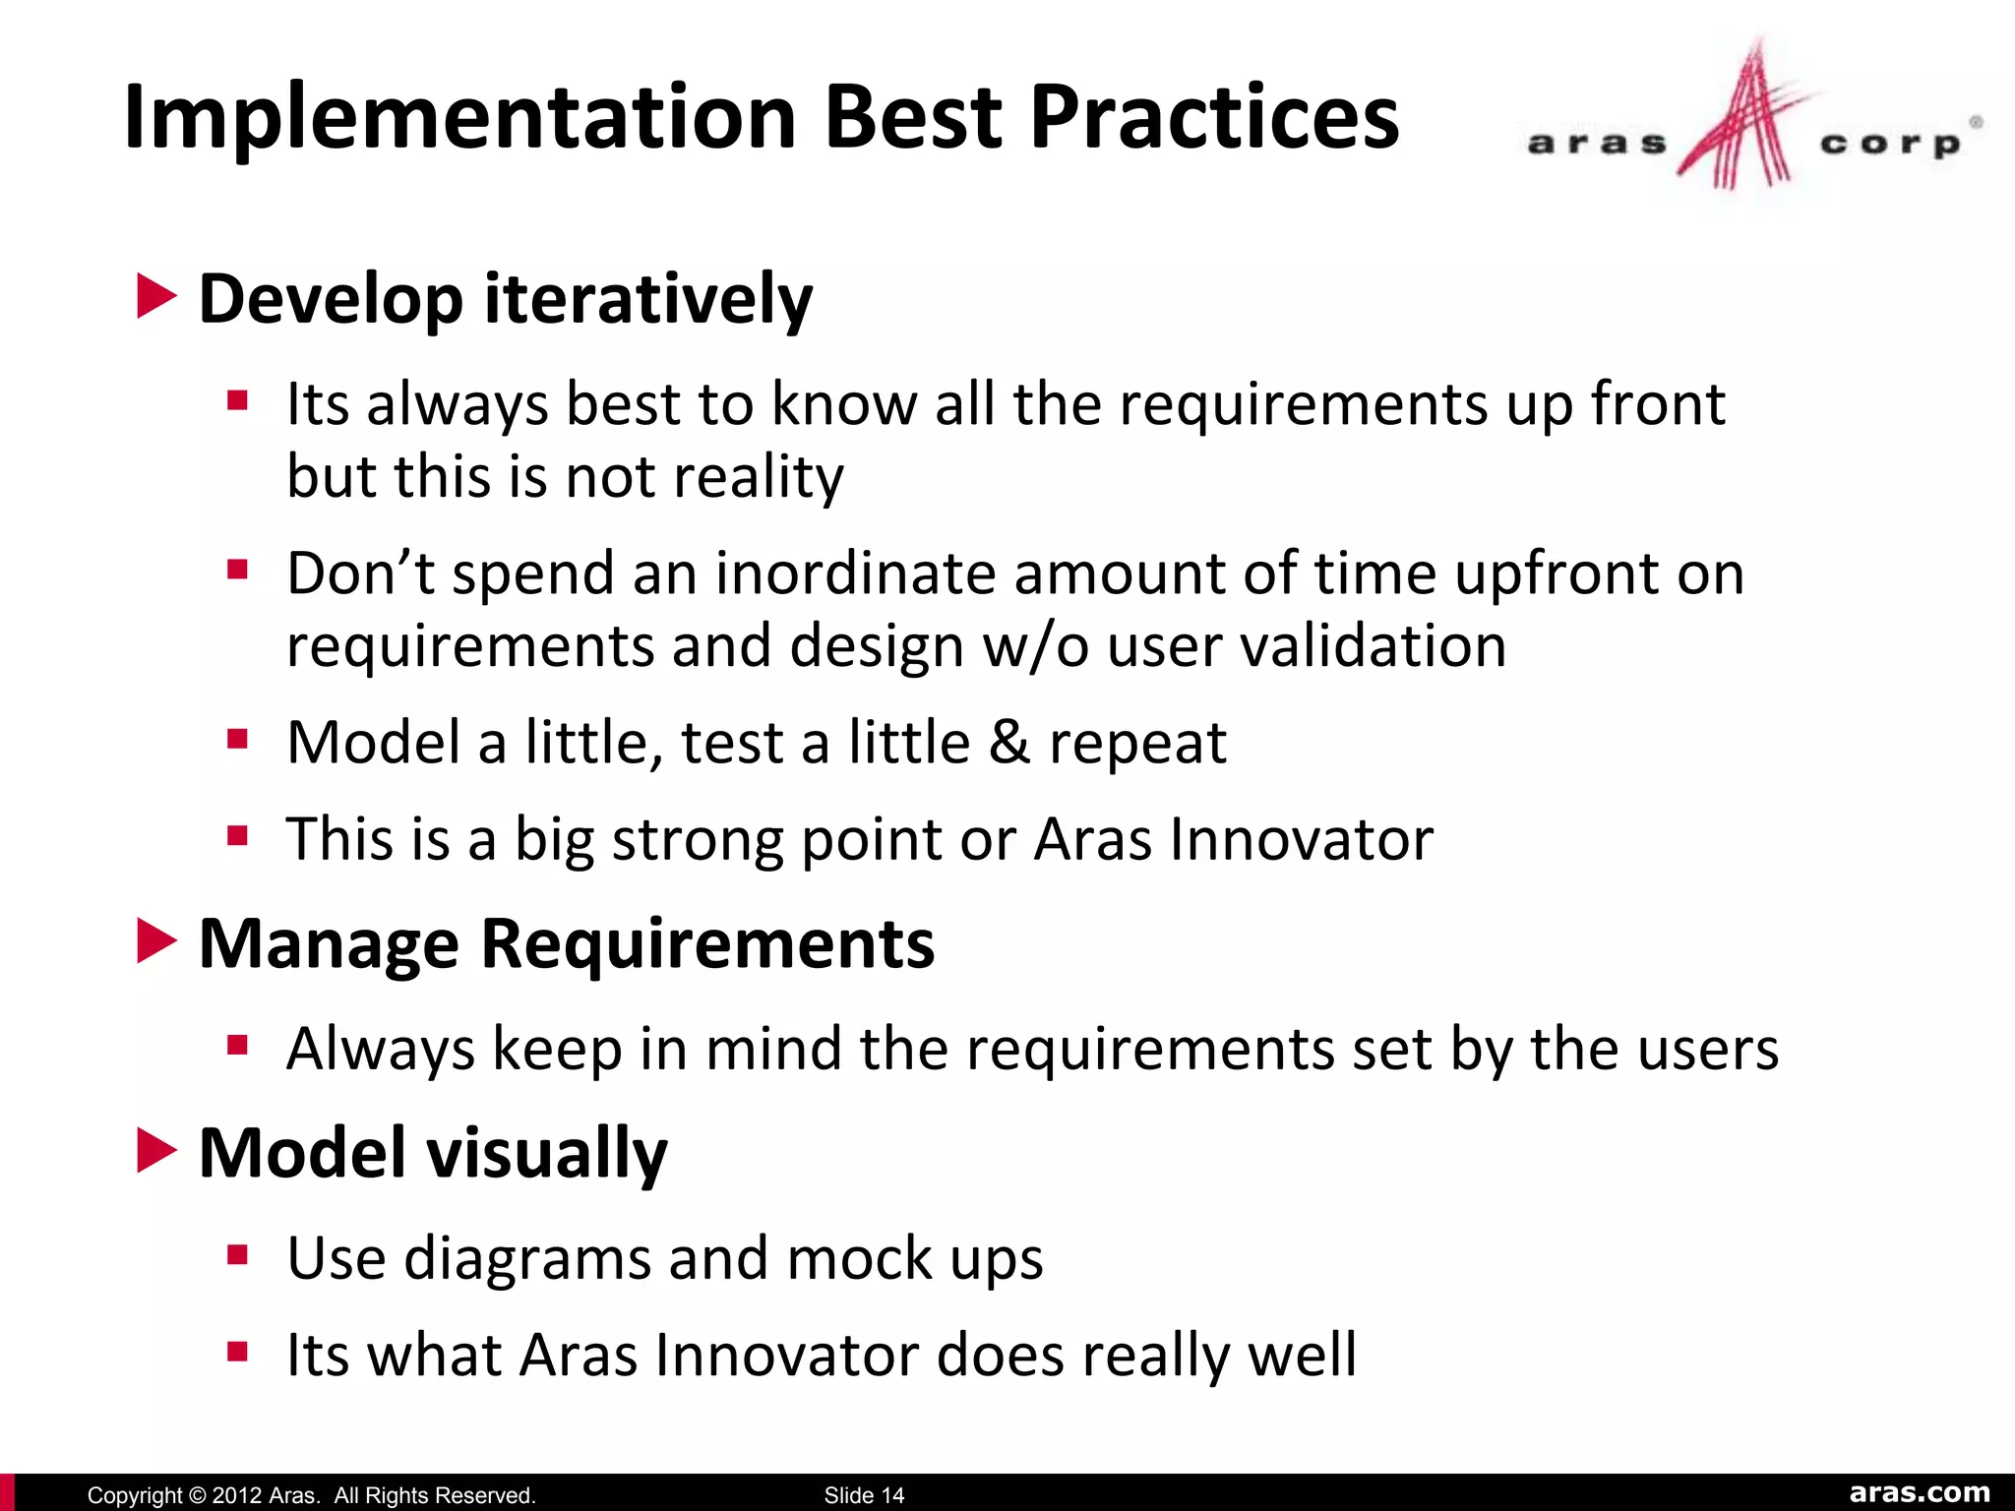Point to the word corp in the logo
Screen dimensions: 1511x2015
1890,145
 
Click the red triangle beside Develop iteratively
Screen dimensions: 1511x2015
155,296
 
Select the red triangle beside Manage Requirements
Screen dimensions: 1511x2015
155,941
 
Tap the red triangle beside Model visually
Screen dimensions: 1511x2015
155,1151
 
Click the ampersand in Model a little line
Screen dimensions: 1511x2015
1009,742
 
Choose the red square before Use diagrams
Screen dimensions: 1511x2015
237,1254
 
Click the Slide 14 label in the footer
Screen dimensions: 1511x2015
864,1495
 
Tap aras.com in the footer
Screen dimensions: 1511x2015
1920,1492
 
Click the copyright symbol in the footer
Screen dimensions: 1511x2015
197,1495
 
